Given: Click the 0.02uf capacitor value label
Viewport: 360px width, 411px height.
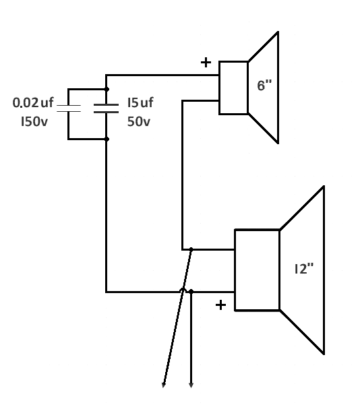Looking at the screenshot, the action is (x=33, y=102).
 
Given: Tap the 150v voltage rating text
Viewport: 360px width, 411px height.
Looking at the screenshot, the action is (x=34, y=121).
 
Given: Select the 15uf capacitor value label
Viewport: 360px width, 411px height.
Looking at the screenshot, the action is (x=140, y=102).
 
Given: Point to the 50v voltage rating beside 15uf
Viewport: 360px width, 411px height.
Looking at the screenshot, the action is (x=139, y=121).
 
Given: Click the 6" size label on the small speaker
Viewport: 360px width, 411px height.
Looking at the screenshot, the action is (x=264, y=86).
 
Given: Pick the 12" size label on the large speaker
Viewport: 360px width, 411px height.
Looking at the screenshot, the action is (x=304, y=269).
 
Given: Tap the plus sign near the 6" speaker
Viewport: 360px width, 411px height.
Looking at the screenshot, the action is (x=206, y=63).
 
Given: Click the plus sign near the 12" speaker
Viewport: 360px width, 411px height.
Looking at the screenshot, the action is (x=220, y=305).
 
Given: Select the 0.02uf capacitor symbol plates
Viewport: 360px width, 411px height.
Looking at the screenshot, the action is (x=69, y=108).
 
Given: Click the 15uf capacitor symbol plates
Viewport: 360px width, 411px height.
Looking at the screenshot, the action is (x=107, y=108).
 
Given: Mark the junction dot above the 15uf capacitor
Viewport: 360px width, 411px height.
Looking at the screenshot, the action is (x=107, y=90).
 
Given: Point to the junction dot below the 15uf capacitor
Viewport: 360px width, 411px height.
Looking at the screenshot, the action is (x=107, y=139).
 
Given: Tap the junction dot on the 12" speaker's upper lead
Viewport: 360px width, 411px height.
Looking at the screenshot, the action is (x=191, y=249).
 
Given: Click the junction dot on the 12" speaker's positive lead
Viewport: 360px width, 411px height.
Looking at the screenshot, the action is (x=191, y=292).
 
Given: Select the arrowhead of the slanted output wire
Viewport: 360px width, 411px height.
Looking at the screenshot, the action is (x=163, y=385).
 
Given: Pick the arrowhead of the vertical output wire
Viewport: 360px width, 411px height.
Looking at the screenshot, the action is (x=191, y=385).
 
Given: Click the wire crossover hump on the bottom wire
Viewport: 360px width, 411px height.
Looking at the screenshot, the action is (x=183, y=289).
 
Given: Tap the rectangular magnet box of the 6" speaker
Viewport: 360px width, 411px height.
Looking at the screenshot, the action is (x=234, y=88).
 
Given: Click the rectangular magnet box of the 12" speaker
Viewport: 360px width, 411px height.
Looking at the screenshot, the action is (x=258, y=270).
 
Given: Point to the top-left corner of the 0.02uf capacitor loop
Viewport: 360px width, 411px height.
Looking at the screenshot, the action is (x=69, y=90).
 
